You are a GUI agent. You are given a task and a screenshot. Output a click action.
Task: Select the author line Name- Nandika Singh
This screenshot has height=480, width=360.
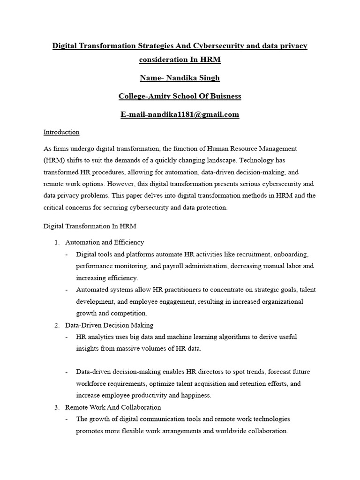click(180, 77)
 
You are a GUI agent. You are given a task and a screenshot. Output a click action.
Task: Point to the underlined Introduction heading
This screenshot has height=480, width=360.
click(61, 132)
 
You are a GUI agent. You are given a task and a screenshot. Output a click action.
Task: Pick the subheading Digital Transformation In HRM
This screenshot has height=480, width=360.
click(90, 226)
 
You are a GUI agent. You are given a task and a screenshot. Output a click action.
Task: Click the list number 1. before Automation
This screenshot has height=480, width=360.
click(57, 242)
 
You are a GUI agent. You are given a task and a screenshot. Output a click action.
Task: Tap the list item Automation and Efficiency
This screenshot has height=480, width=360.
click(105, 242)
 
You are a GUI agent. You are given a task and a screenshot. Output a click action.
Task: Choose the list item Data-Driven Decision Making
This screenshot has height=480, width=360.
click(109, 325)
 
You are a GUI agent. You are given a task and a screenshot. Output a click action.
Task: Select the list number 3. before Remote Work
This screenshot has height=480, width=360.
click(57, 407)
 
